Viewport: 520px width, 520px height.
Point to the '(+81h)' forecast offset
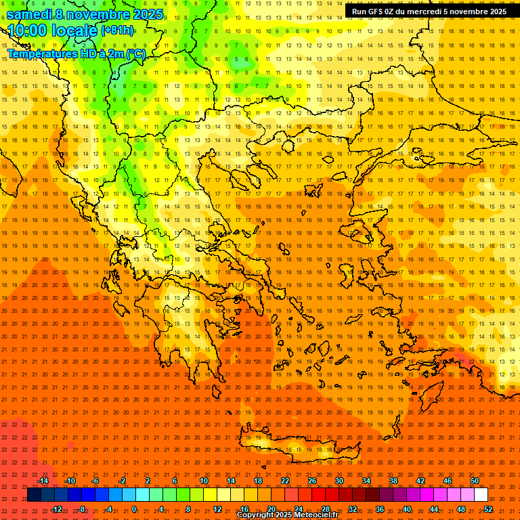click(x=117, y=30)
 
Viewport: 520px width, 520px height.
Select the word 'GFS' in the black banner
click(x=377, y=12)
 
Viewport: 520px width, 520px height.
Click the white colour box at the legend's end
click(x=481, y=495)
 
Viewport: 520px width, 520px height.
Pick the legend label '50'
click(x=475, y=481)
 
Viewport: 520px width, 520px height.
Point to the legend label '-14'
click(x=43, y=481)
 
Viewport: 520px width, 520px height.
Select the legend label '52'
click(x=488, y=509)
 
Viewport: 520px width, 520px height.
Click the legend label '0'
click(x=134, y=509)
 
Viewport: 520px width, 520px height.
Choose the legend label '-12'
click(x=57, y=509)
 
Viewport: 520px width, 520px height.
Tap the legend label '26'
click(x=312, y=481)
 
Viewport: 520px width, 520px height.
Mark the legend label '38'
click(x=393, y=481)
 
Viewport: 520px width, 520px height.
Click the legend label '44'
click(x=434, y=509)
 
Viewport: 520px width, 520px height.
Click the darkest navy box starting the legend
click(x=34, y=495)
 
